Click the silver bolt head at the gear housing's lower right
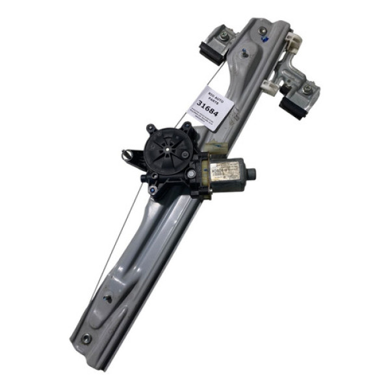[x=190, y=174]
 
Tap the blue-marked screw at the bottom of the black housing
[x=152, y=190]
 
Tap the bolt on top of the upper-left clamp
[x=223, y=37]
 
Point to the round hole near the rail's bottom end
[x=86, y=338]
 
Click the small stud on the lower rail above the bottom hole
[x=109, y=298]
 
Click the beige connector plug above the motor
[x=220, y=148]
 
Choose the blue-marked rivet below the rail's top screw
[x=265, y=40]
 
